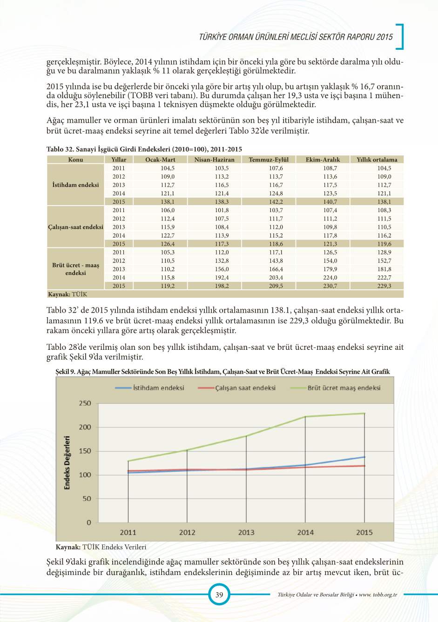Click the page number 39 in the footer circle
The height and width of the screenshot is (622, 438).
[x=219, y=595]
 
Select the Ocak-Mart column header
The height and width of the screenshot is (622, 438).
[x=160, y=160]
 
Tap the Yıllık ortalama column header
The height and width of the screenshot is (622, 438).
[x=377, y=160]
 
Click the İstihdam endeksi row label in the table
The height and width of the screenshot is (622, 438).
[x=75, y=185]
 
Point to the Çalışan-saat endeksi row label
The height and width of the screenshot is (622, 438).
[x=75, y=227]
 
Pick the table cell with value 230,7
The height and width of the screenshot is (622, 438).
[x=330, y=286]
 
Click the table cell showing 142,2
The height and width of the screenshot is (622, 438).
[x=276, y=202]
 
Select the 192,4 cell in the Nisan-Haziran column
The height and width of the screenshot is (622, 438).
[x=222, y=277]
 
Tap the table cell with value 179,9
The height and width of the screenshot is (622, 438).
[x=330, y=269]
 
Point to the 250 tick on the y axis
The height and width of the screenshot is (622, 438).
[x=85, y=403]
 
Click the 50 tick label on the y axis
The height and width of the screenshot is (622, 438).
[x=87, y=499]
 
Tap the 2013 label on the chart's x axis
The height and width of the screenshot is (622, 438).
[x=246, y=533]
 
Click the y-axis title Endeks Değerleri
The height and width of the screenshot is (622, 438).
[x=67, y=463]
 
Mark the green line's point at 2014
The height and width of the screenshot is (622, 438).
[x=305, y=416]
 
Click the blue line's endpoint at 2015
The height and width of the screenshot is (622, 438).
[x=364, y=457]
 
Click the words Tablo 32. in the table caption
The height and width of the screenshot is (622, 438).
[x=60, y=149]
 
